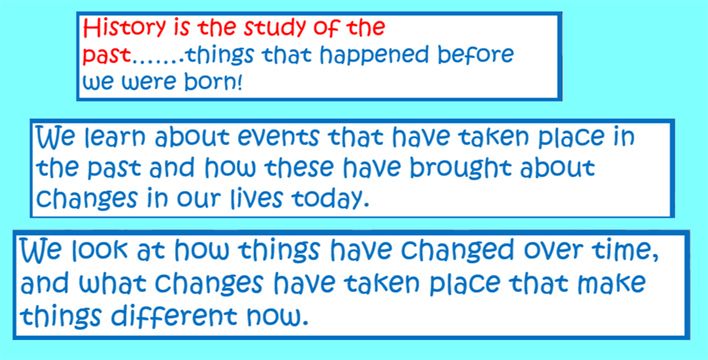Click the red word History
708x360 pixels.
(x=125, y=29)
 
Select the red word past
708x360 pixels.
(x=107, y=57)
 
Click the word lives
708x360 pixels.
(x=256, y=197)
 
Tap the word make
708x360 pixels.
(x=615, y=285)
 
